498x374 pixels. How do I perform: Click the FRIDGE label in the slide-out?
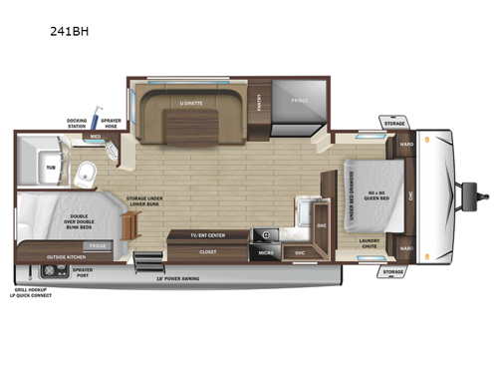coord(300,101)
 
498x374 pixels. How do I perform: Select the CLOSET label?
coord(207,252)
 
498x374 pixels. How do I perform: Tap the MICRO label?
coord(266,252)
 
